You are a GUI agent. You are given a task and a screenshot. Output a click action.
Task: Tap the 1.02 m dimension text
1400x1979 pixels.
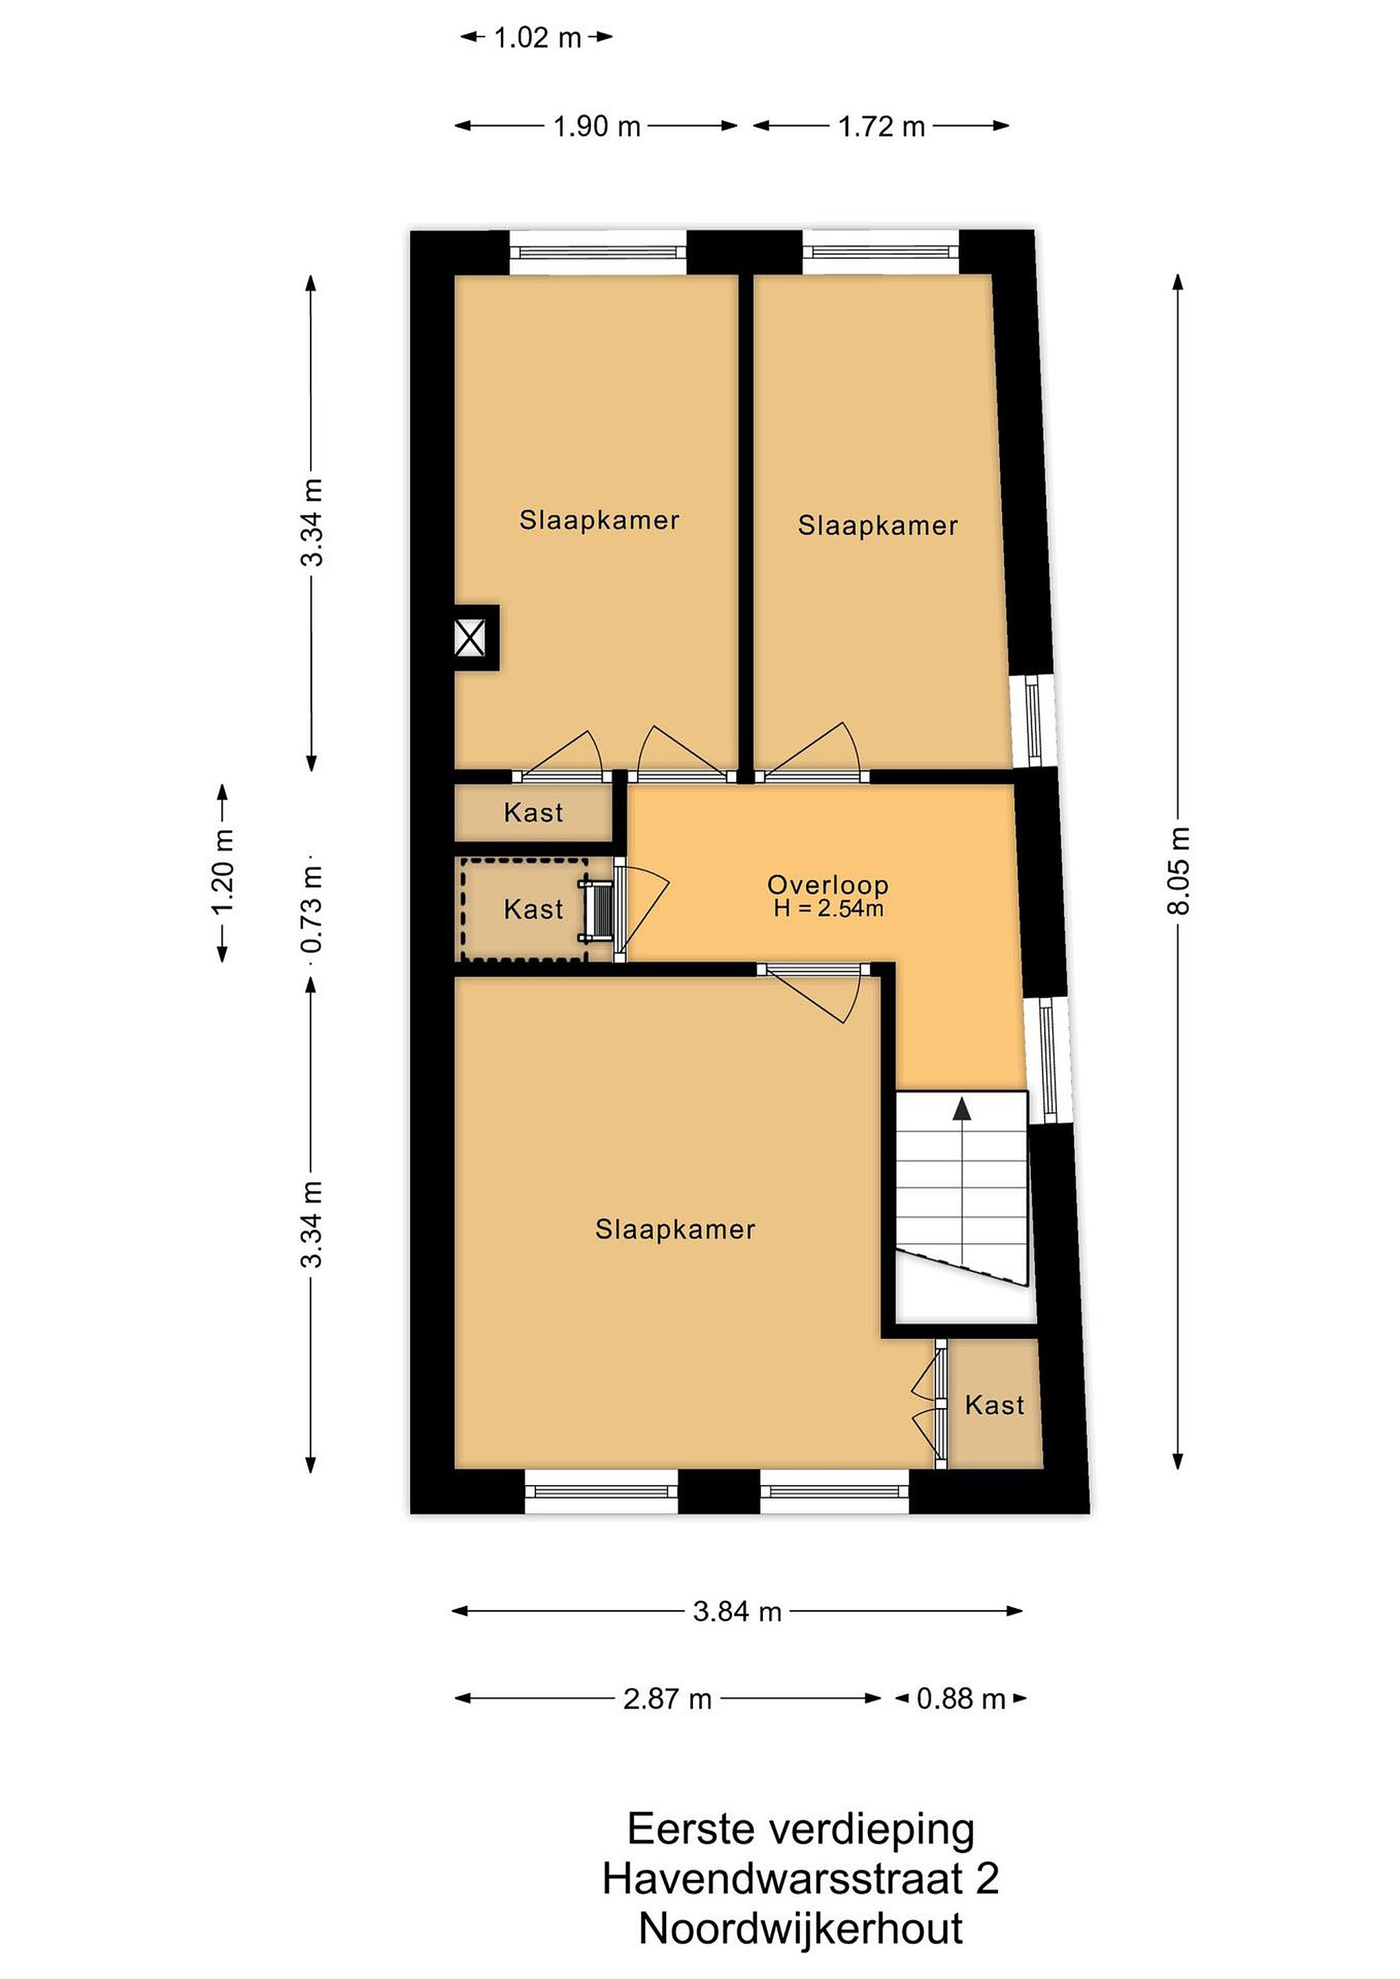tap(537, 38)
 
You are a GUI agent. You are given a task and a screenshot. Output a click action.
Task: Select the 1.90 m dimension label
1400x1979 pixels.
tap(597, 126)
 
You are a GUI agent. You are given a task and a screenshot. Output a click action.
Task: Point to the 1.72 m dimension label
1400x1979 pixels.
tap(881, 126)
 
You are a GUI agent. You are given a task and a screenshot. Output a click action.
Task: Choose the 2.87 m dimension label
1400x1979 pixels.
tap(667, 1699)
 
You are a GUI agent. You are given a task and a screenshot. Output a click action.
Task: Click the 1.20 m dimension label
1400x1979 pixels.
tap(223, 871)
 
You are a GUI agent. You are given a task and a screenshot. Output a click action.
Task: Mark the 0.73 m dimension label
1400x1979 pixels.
tap(312, 909)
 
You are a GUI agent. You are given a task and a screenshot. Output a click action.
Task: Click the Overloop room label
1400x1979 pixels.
tap(827, 884)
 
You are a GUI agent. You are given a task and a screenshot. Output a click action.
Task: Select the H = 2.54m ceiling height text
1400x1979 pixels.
tap(827, 908)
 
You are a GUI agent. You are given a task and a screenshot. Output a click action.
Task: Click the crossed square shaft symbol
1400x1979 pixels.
tap(470, 638)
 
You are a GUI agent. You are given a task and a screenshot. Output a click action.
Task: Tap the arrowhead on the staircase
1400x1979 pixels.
tap(962, 1108)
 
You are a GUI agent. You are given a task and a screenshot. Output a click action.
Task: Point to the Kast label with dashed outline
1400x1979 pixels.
tap(533, 909)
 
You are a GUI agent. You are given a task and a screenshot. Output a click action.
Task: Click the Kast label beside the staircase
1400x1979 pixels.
tap(995, 1406)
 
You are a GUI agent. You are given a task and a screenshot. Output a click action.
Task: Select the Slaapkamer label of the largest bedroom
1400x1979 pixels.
tap(675, 1230)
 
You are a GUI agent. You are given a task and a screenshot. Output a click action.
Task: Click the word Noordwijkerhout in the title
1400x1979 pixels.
tap(801, 1929)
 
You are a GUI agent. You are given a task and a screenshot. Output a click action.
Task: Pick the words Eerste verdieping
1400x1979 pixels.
tap(801, 1830)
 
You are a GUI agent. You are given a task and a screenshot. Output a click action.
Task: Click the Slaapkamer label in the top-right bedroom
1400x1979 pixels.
tap(878, 526)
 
